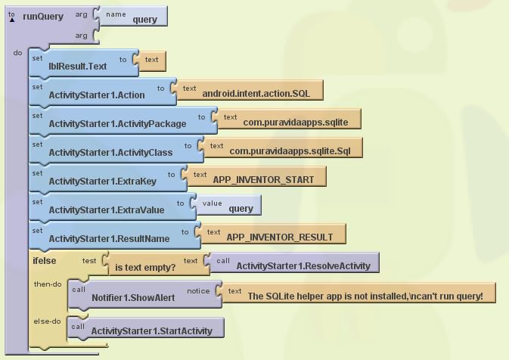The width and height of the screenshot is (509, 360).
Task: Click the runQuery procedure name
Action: (43, 17)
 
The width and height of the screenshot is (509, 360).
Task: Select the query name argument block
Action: (134, 16)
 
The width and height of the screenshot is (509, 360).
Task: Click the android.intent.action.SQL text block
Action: (250, 90)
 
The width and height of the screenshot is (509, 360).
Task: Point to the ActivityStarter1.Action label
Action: (97, 95)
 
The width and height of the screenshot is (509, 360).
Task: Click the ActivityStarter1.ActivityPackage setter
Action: (123, 120)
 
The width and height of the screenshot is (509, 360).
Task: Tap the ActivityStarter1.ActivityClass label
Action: (110, 153)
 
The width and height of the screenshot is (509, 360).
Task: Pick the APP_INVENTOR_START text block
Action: (257, 176)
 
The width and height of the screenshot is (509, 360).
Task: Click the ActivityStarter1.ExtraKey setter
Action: (108, 178)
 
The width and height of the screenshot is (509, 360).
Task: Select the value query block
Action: (229, 205)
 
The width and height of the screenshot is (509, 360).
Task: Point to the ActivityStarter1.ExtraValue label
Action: (107, 210)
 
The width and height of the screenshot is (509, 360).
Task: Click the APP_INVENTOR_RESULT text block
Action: (274, 234)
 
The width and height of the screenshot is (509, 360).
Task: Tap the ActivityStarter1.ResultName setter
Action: (115, 235)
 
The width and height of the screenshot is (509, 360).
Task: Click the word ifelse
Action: (45, 261)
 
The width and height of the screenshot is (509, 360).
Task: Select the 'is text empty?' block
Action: (160, 264)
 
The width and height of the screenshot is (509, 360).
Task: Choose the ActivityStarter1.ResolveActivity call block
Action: (295, 262)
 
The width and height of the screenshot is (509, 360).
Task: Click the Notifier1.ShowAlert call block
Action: (145, 294)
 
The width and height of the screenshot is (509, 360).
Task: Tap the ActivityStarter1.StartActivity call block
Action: (146, 328)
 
